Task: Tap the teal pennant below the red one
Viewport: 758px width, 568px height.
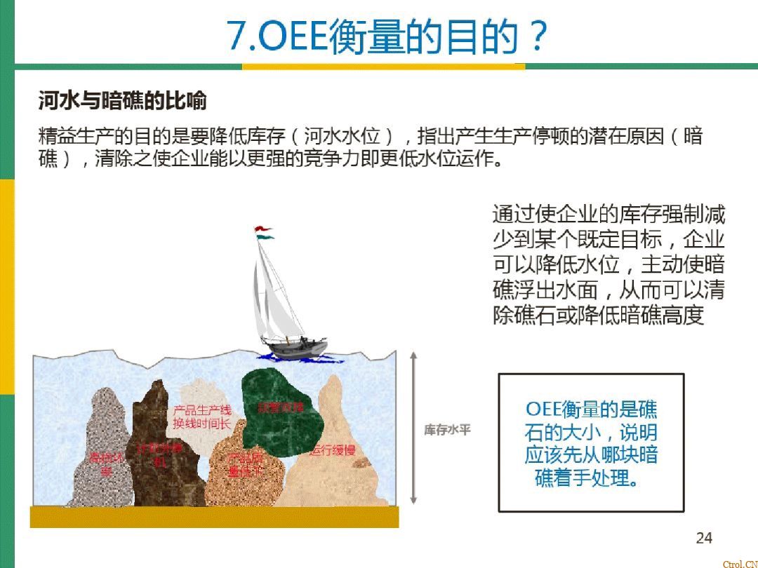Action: tap(265, 237)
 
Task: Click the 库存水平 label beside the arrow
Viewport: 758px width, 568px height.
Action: tap(447, 430)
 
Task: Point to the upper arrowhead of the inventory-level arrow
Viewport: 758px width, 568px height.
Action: tap(413, 356)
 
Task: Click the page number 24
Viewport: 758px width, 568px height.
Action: tap(703, 538)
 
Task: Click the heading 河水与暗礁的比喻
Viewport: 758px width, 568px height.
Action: tap(122, 101)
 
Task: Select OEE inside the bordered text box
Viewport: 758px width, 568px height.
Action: tap(543, 410)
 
